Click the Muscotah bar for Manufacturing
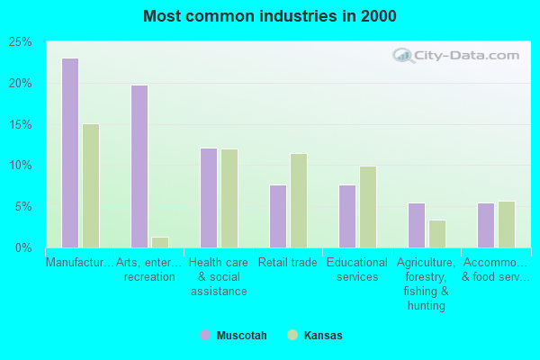point(70,153)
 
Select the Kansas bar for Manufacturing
point(91,185)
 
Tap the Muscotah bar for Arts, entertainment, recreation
point(139,166)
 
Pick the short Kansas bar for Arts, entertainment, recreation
point(160,242)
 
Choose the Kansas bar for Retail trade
point(299,201)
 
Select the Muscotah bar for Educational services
point(347,216)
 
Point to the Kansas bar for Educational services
point(368,207)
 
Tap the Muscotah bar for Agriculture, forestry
point(417,225)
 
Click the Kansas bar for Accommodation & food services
point(507,224)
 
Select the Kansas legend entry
point(315,336)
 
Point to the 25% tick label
point(21,42)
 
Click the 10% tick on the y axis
point(21,166)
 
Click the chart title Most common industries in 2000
point(269,16)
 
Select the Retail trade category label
point(288,263)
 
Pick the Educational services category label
point(357,270)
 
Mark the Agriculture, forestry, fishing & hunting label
point(427,284)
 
